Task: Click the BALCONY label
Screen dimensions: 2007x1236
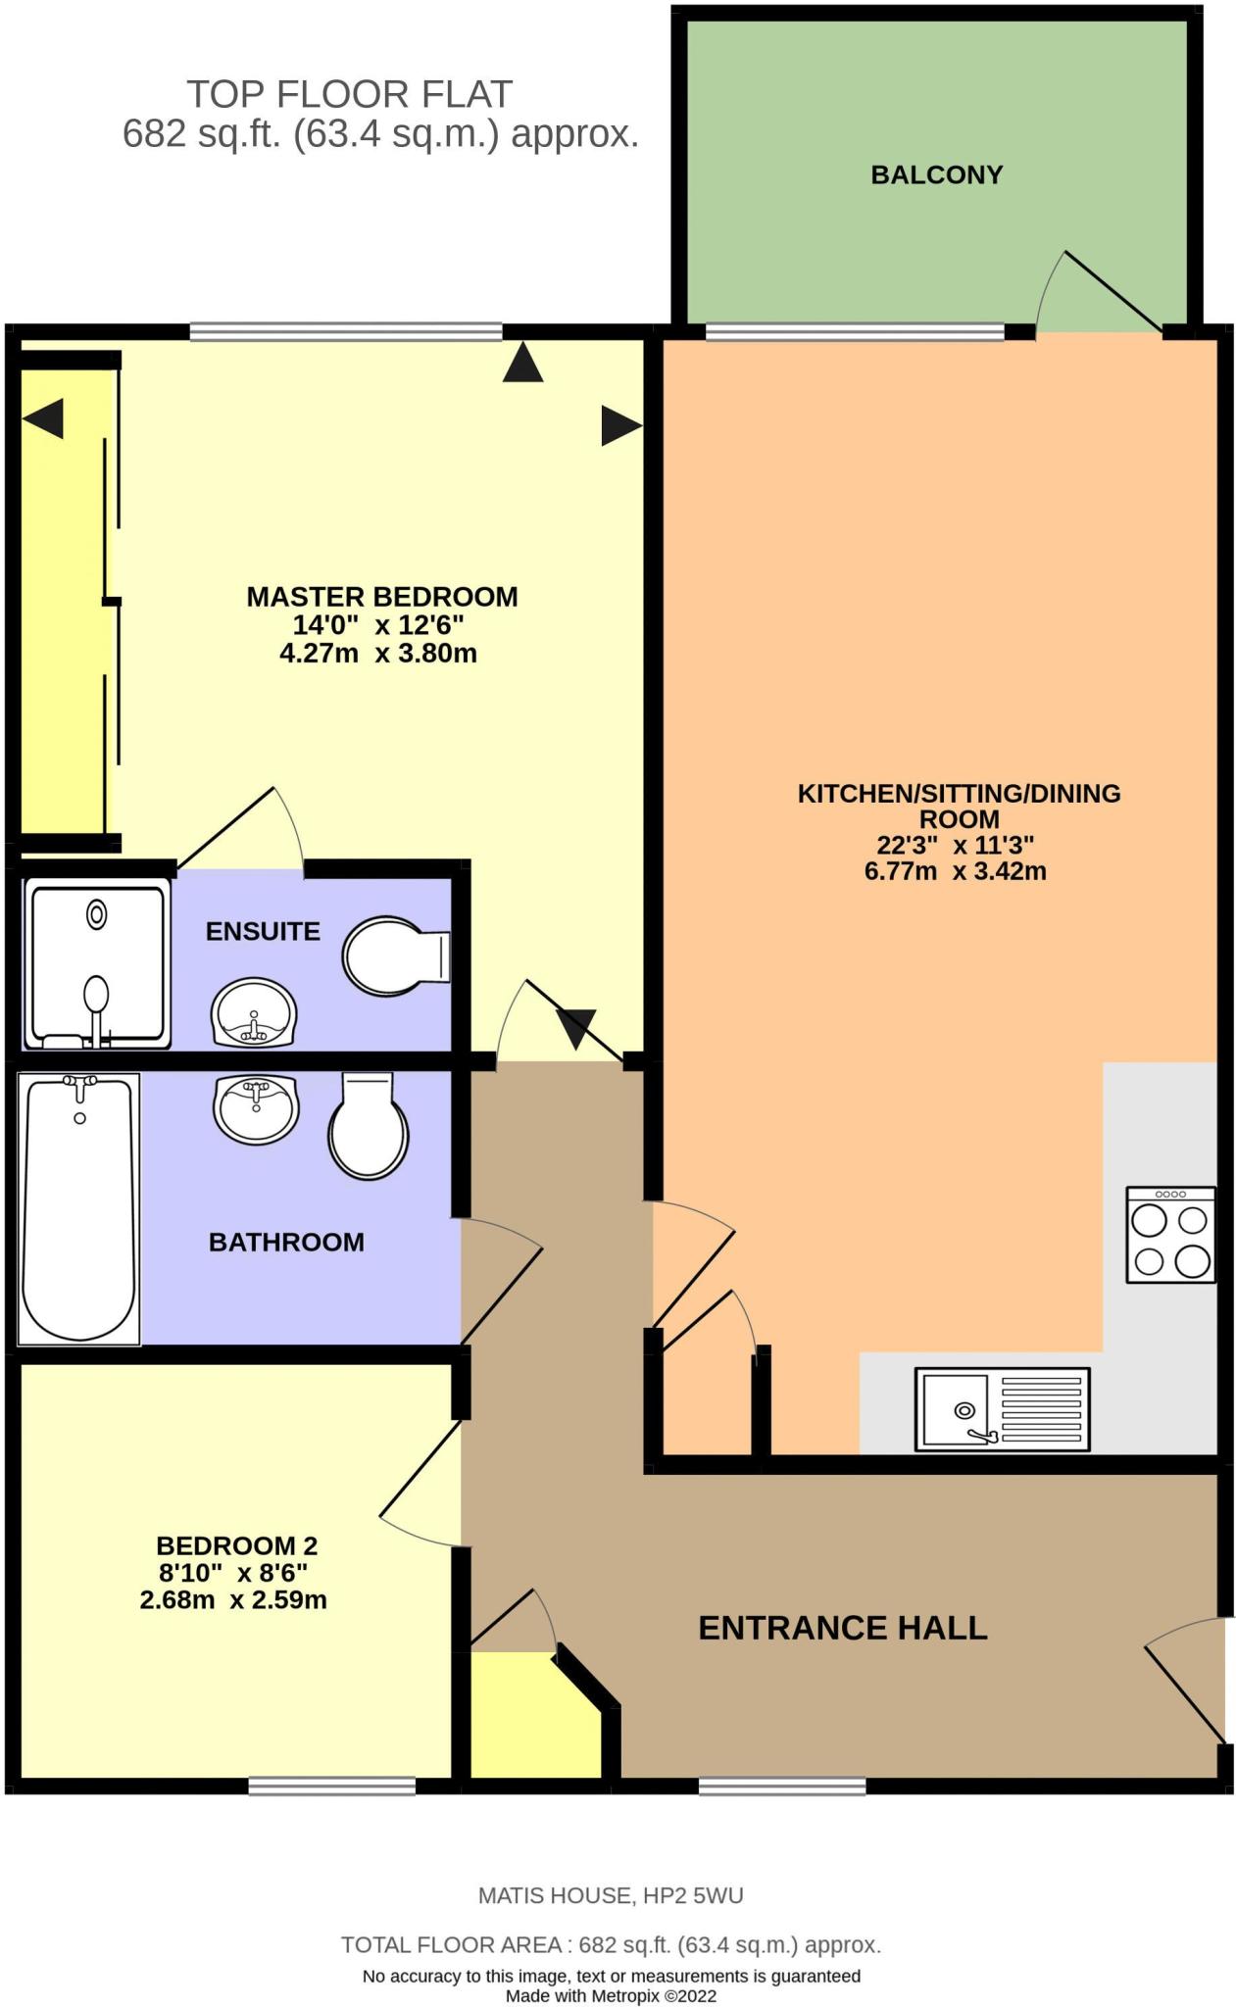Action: (x=936, y=175)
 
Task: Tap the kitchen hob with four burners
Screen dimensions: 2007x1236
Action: (x=1170, y=1235)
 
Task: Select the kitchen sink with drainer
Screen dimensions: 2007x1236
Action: (x=1002, y=1409)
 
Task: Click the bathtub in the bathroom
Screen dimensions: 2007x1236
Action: (x=78, y=1207)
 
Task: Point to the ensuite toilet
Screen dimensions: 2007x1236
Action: (x=394, y=955)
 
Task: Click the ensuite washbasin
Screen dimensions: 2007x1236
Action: (x=254, y=1012)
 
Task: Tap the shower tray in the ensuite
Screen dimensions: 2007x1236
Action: (x=96, y=962)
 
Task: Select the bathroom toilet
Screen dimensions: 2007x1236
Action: (x=368, y=1127)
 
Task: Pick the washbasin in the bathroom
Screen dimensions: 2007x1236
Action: (x=256, y=1108)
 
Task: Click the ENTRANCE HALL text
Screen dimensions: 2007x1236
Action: (x=842, y=1628)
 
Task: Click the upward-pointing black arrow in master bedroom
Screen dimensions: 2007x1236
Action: (x=522, y=362)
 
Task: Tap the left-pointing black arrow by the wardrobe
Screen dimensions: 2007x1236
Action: (x=43, y=418)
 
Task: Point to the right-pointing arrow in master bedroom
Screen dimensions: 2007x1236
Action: (x=620, y=425)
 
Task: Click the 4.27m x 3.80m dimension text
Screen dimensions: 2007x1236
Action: (x=378, y=654)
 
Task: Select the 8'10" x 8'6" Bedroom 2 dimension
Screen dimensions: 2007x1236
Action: (x=233, y=1573)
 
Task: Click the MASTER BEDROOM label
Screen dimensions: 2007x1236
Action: (x=381, y=597)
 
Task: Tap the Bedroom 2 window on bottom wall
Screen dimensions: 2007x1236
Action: (x=331, y=1787)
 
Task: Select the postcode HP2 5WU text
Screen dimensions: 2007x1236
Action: (x=692, y=1895)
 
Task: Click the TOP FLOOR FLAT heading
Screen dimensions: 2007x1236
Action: (x=349, y=94)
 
